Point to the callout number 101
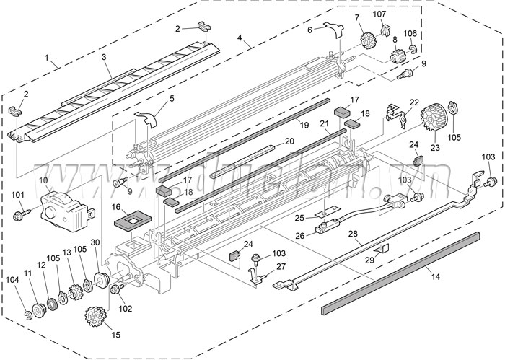click(17, 194)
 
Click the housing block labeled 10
click(63, 206)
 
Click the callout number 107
click(379, 14)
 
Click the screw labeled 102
click(114, 290)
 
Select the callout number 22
click(413, 102)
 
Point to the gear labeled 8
click(396, 55)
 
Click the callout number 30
click(95, 243)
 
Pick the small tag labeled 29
click(384, 248)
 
